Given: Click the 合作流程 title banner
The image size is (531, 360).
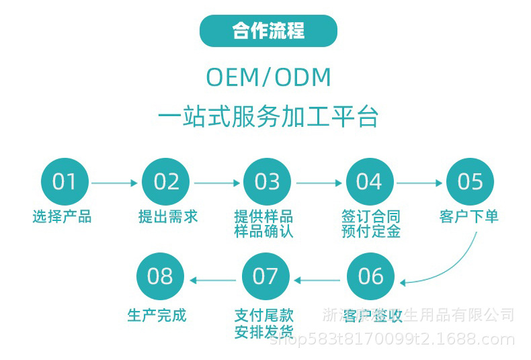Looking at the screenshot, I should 268,31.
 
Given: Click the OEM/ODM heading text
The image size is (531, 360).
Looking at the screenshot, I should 268,78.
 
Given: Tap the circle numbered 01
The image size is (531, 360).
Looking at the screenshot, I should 65,182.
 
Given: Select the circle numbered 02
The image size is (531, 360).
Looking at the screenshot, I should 166,182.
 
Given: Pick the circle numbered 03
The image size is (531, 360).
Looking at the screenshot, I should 267,182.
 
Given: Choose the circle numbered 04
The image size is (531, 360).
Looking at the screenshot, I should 369,182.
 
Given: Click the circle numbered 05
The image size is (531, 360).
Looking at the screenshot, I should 471,182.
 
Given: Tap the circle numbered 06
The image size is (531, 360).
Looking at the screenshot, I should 370,276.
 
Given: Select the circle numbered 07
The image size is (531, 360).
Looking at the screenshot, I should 265,276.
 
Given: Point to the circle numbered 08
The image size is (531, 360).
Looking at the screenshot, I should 160,276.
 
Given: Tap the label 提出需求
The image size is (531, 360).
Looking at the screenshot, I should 168,217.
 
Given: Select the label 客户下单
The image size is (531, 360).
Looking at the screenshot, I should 469,217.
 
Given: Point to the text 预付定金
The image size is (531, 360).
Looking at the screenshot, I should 370,232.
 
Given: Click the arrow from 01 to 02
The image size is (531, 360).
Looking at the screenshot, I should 115,183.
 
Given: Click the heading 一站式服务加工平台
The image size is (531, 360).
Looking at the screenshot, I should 268,117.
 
